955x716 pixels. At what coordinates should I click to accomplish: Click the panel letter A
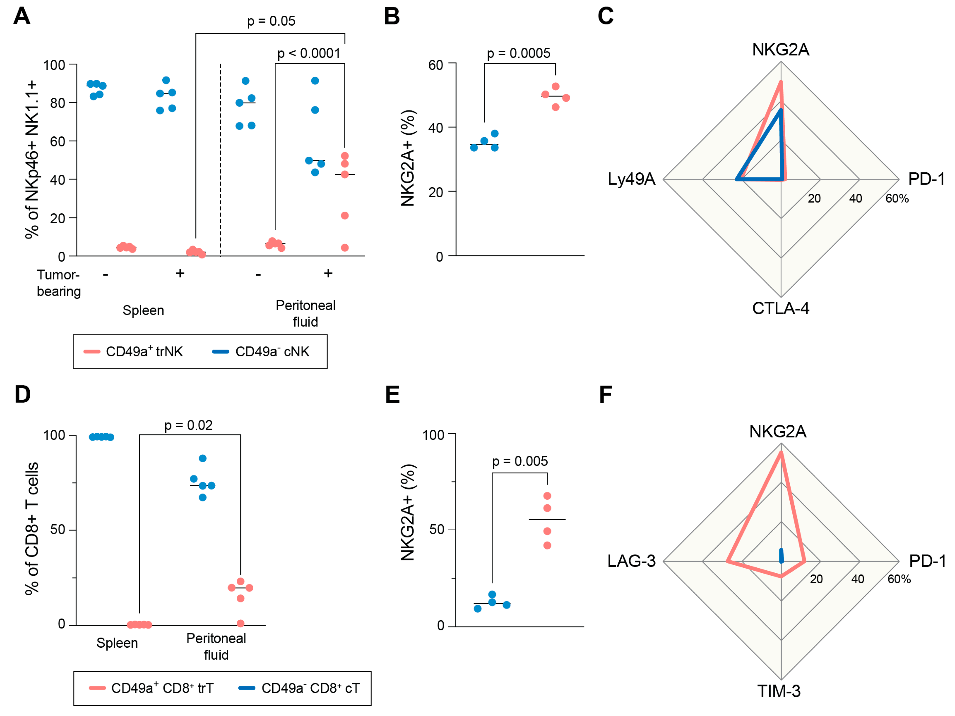[x=22, y=16]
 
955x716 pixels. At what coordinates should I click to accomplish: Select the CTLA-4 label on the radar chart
[x=780, y=308]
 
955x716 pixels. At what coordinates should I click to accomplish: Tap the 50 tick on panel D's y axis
[x=57, y=530]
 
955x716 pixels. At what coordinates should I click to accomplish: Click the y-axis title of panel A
[x=32, y=160]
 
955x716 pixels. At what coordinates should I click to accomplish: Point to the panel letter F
[x=605, y=394]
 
